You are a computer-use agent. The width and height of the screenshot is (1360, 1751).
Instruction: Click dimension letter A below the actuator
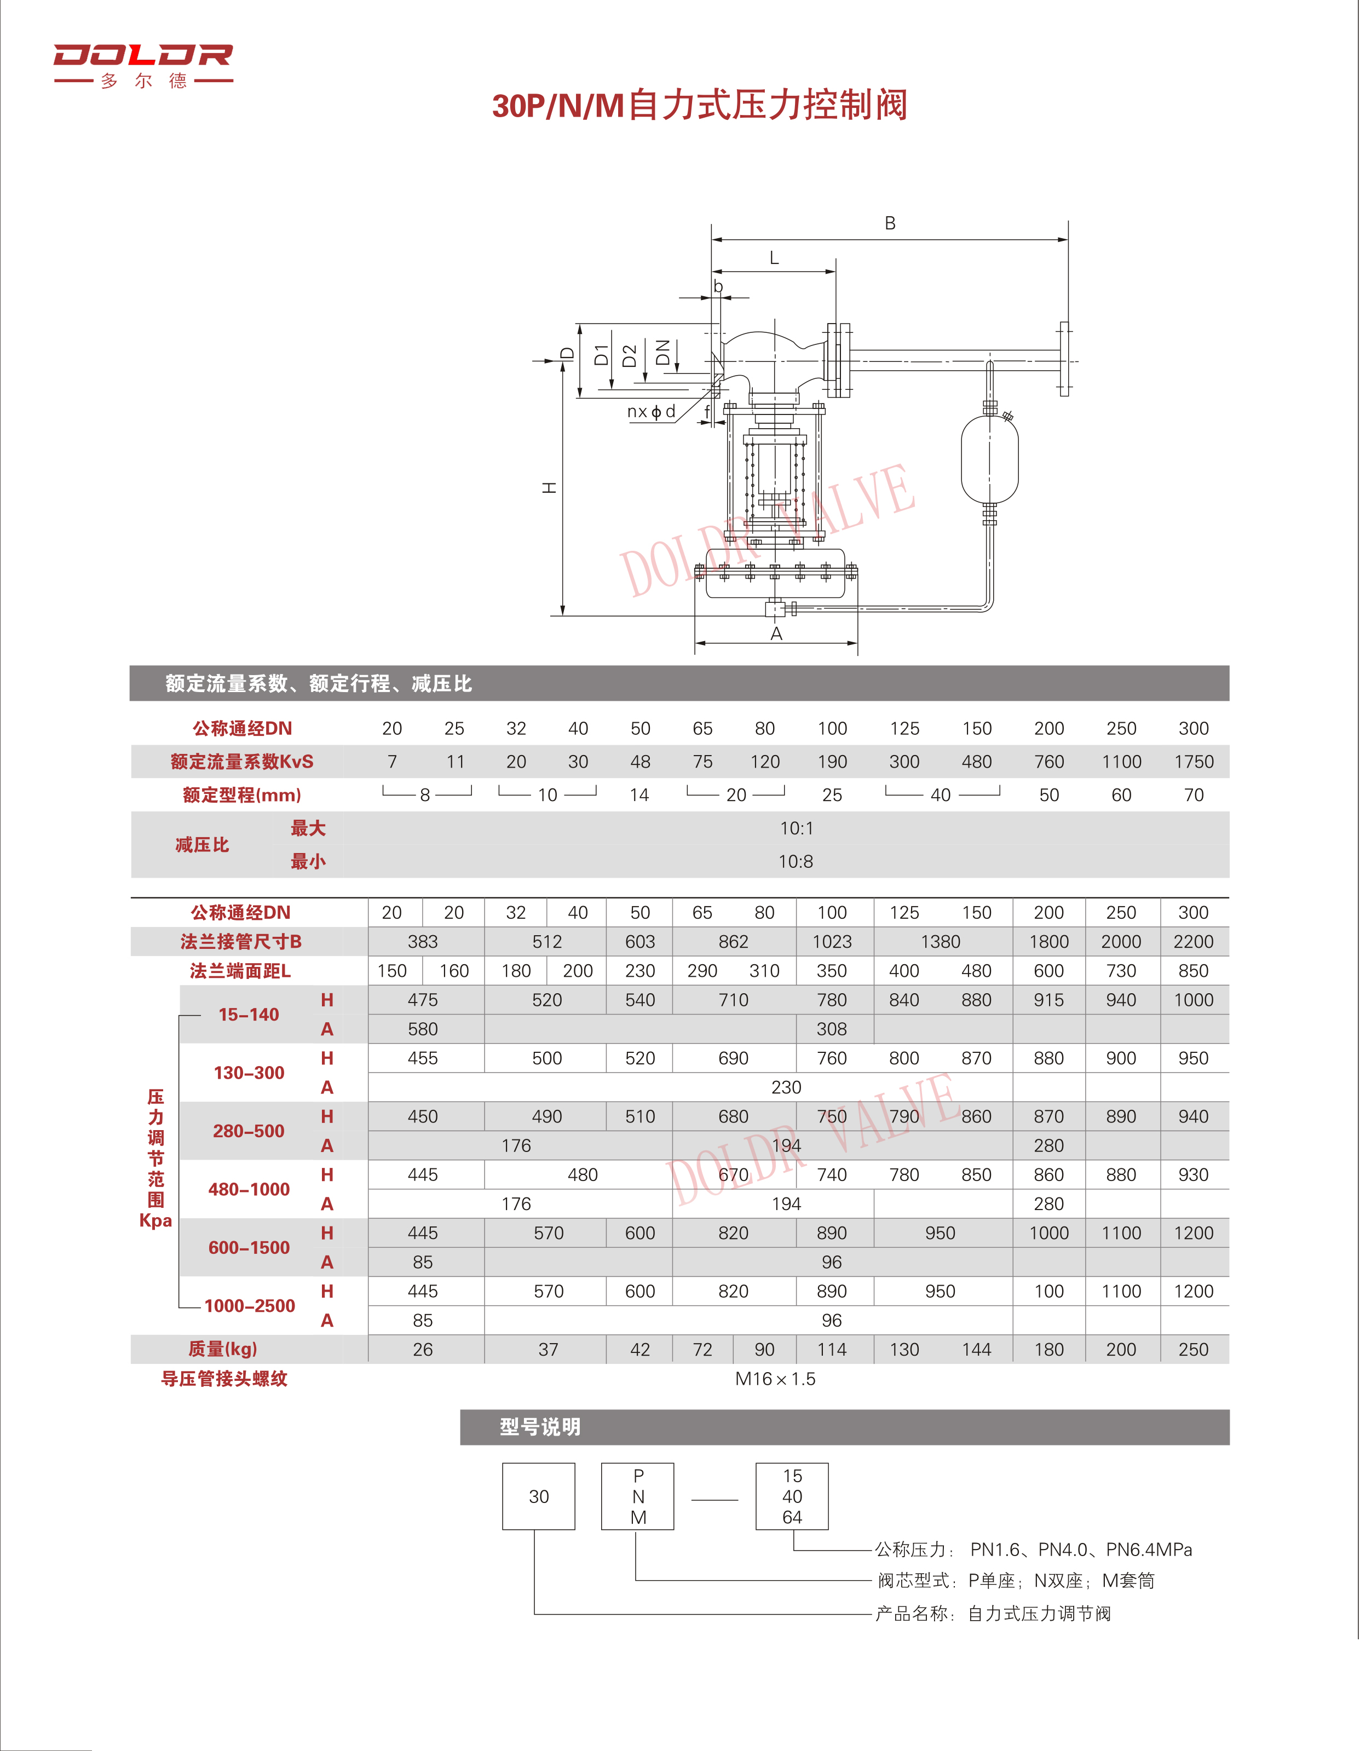tap(775, 634)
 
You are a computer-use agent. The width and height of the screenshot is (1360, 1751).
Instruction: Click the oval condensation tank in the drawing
tap(989, 459)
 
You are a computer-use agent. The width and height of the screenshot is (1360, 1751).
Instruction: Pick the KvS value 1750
tap(1193, 762)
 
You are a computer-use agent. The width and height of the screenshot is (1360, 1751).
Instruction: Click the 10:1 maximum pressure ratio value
tap(796, 828)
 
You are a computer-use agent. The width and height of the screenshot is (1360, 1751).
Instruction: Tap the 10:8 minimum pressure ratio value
tap(796, 862)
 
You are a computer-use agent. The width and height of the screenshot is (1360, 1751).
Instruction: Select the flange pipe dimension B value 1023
tap(832, 942)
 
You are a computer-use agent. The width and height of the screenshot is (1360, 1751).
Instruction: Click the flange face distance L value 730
tap(1120, 971)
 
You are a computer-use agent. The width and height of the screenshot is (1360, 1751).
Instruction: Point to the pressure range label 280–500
tap(249, 1131)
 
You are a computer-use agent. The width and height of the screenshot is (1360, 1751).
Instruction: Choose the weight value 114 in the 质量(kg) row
tap(832, 1350)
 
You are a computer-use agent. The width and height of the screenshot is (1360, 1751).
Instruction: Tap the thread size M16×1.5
tap(775, 1379)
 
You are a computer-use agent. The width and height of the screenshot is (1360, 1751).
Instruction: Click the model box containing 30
tap(538, 1497)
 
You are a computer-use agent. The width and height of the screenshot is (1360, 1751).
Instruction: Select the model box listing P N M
tap(637, 1497)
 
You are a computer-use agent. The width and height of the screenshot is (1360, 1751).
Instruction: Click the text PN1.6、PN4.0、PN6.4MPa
tap(1080, 1550)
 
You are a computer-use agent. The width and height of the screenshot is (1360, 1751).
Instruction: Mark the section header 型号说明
tap(540, 1427)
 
